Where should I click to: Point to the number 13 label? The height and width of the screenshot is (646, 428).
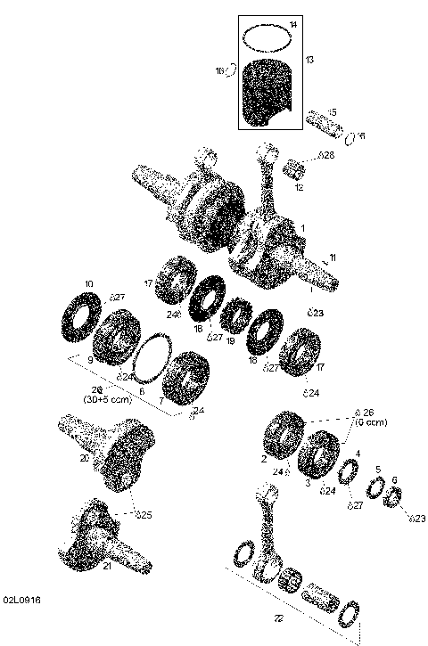click(x=309, y=59)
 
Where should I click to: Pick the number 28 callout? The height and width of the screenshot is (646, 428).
click(x=325, y=156)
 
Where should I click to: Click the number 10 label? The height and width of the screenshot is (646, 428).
click(x=88, y=284)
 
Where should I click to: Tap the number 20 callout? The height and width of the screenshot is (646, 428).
click(x=84, y=458)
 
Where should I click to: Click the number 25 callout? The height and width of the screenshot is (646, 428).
click(x=146, y=514)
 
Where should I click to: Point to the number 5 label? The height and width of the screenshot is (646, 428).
click(x=377, y=470)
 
